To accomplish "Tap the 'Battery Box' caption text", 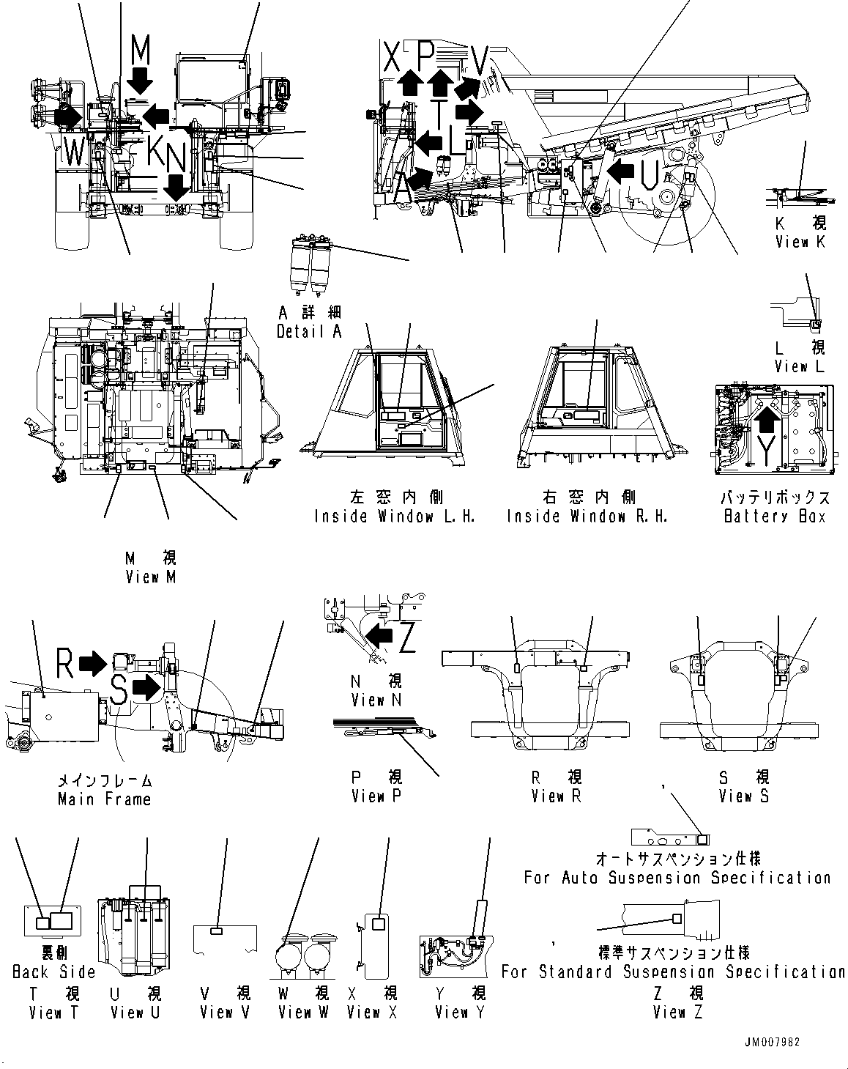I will point(775,516).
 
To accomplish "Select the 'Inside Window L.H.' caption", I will point(395,516).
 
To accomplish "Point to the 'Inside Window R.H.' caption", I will point(587,516).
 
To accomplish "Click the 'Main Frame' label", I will point(104,799).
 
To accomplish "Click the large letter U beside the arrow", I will point(648,174).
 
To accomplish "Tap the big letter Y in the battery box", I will point(766,453).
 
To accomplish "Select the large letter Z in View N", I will point(407,637).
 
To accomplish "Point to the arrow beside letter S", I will point(147,687).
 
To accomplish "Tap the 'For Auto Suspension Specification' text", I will point(677,877).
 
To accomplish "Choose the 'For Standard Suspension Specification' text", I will point(673,972).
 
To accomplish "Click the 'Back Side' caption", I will point(53,972).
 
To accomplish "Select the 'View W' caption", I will point(303,1013).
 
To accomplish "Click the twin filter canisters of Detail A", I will point(310,267).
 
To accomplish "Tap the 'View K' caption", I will point(800,242).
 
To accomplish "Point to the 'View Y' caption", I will point(460,1013).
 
